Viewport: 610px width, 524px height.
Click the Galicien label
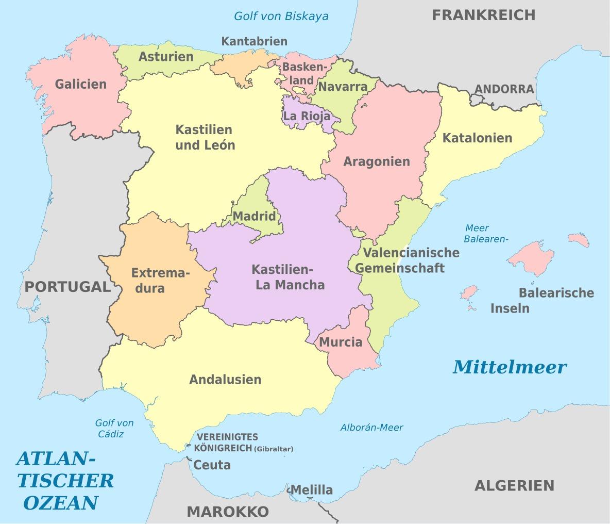coord(81,84)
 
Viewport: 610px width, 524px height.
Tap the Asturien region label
coord(166,57)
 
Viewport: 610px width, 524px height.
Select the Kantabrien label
coord(254,41)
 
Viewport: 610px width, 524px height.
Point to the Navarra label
coord(342,86)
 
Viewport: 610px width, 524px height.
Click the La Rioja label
coord(307,116)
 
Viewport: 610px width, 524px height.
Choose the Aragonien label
coord(377,162)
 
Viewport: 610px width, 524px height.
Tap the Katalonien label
coord(477,138)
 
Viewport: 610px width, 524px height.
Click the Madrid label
coord(255,217)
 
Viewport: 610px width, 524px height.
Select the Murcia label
coord(341,342)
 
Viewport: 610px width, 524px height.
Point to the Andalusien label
coord(225,380)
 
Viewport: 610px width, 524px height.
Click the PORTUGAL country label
coord(67,287)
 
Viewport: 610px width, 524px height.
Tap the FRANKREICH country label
coord(483,15)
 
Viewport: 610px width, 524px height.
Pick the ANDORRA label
coord(504,89)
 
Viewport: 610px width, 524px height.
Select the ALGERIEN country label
coord(514,486)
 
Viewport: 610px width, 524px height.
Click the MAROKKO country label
coord(228,512)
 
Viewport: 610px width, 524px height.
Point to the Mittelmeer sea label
coord(510,367)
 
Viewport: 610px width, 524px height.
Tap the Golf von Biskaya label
coord(281,16)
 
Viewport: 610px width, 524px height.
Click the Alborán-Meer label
coord(371,428)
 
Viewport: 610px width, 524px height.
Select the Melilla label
coord(312,490)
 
